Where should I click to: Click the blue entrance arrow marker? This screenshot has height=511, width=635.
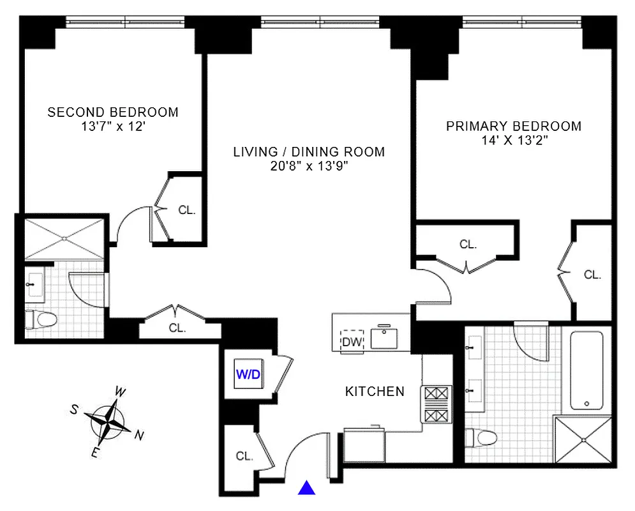click(307, 489)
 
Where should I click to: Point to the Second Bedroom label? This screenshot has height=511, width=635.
click(113, 112)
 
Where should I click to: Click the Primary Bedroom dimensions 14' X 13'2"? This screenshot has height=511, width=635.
click(514, 141)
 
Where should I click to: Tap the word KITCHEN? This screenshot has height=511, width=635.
click(375, 392)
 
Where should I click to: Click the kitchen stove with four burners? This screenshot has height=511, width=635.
click(436, 404)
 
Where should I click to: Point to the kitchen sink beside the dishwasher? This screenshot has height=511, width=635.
click(385, 338)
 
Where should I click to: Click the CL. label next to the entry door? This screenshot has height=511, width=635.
click(244, 457)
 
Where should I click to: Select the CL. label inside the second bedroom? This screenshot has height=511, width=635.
click(186, 210)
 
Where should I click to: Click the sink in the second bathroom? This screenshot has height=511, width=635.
click(33, 285)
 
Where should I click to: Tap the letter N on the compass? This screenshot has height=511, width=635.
click(139, 436)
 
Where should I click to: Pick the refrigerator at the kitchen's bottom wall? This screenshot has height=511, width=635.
click(364, 441)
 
